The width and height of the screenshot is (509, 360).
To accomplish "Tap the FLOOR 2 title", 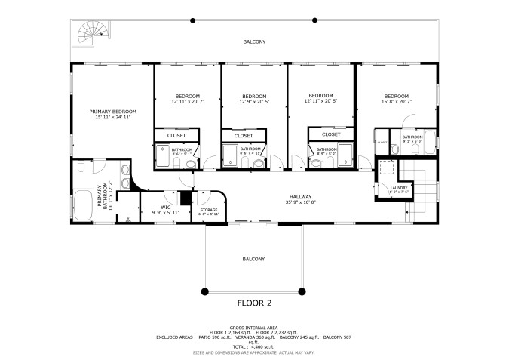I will [253, 303].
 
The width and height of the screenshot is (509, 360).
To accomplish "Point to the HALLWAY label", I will [300, 195].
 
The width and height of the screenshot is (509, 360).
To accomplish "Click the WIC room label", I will [165, 208].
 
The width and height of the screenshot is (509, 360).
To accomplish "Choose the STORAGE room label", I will [209, 210].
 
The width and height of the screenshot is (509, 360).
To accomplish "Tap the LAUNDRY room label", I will [399, 188].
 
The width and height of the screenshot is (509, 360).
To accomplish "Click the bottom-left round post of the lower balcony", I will [204, 291].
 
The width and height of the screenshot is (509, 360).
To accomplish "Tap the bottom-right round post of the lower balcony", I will [302, 291].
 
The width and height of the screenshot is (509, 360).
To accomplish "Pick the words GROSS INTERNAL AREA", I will [253, 328].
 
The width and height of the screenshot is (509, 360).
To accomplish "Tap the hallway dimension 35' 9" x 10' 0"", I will [300, 202].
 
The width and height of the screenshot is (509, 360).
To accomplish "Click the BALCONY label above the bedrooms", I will [253, 42].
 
